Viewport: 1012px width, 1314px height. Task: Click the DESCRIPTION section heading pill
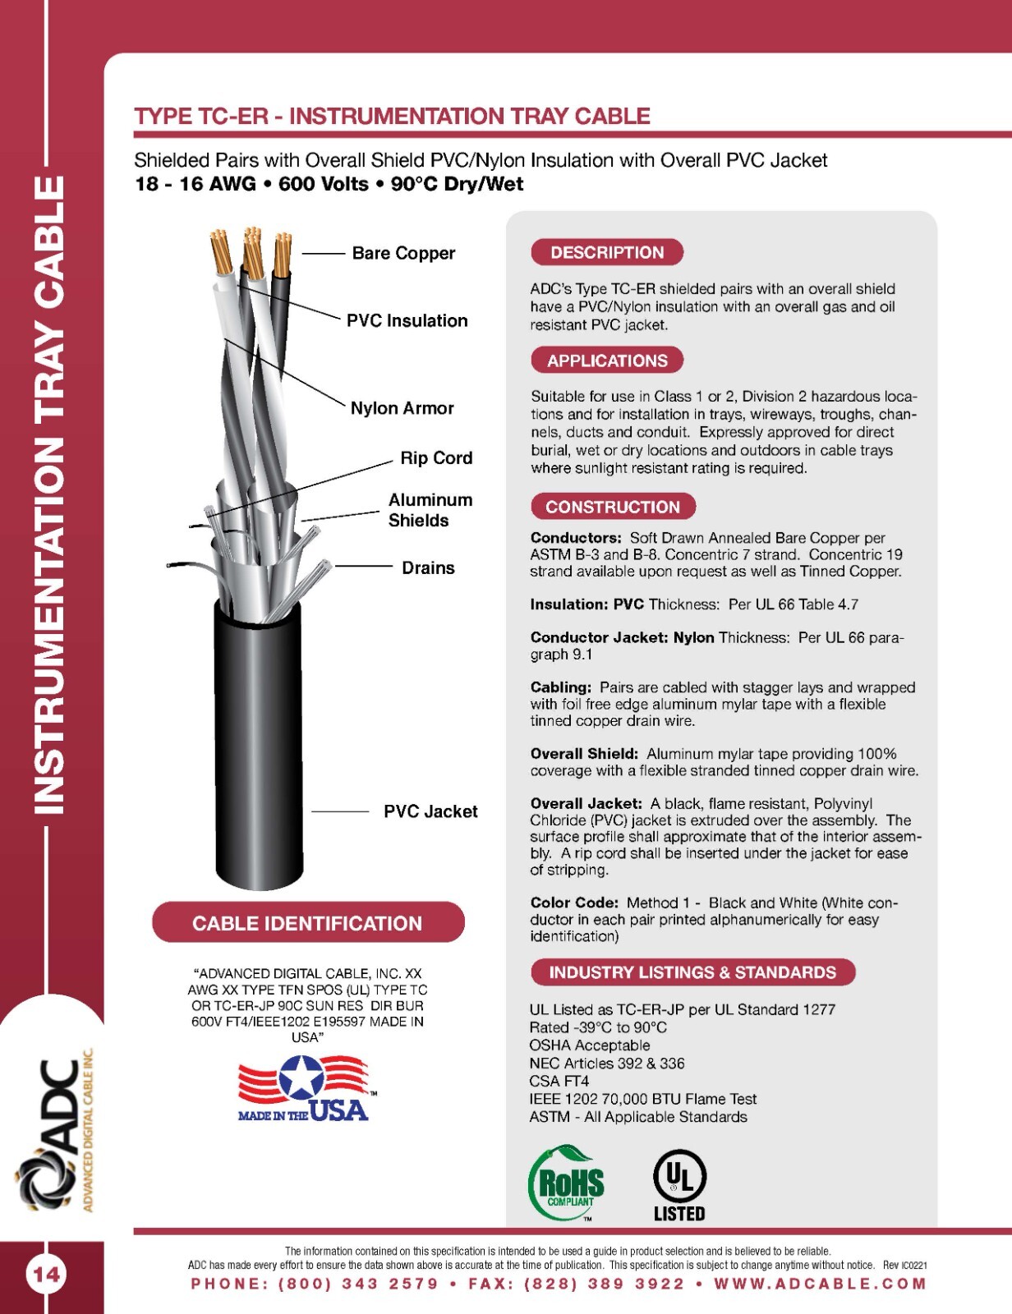[607, 252]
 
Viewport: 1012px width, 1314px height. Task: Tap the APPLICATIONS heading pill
[607, 361]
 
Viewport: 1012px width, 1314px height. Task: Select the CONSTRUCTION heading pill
[613, 507]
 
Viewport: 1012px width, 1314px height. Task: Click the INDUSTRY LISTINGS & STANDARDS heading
[692, 972]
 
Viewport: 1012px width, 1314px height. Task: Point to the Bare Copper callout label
[403, 254]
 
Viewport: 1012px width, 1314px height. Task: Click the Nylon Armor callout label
[402, 408]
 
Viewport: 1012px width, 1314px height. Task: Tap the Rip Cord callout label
[436, 457]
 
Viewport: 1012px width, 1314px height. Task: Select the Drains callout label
[428, 567]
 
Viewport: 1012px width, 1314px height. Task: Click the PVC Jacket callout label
[430, 811]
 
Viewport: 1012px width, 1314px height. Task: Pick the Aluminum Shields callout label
[430, 510]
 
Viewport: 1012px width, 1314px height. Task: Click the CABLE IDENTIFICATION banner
[308, 923]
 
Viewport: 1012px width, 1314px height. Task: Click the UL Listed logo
[679, 1185]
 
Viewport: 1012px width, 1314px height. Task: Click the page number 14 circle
[47, 1275]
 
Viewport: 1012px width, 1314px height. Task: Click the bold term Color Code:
[574, 903]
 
